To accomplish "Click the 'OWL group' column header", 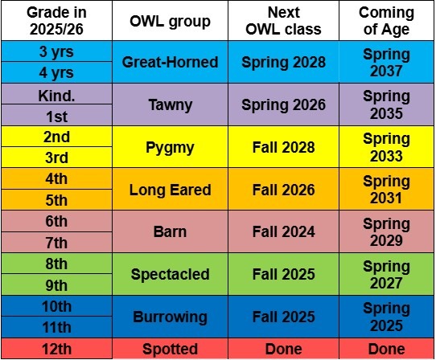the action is point(170,21).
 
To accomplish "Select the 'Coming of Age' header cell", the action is point(386,21).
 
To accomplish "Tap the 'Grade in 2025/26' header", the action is point(57,21).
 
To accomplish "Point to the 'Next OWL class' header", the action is point(283,21).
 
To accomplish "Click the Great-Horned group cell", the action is point(170,62).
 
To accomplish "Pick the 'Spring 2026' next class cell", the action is point(283,104).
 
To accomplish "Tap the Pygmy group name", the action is point(170,147).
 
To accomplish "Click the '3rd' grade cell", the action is point(57,157).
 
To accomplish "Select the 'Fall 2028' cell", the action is point(283,147).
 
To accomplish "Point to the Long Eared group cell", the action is point(170,190).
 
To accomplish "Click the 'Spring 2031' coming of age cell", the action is point(386,190).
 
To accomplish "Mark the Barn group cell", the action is point(170,231).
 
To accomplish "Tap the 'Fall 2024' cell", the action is point(283,231).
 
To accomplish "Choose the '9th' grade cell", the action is point(57,284).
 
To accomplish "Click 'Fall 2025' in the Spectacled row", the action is point(283,274).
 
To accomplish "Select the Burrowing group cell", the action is point(170,317).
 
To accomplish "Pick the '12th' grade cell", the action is point(57,349).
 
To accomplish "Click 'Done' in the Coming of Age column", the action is point(386,349).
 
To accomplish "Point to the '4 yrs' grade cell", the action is point(57,72).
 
